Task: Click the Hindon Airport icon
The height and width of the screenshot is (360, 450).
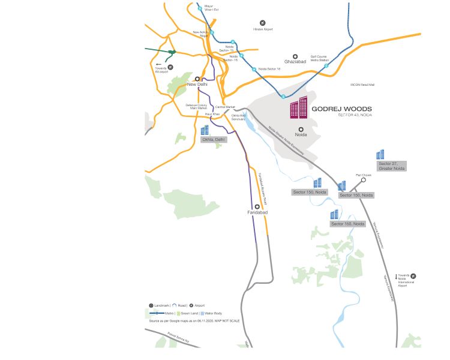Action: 262,22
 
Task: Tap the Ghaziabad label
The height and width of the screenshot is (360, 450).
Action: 295,61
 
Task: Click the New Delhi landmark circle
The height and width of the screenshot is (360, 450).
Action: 197,78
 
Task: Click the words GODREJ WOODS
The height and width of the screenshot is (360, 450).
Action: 341,109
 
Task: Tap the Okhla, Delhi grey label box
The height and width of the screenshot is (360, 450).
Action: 214,139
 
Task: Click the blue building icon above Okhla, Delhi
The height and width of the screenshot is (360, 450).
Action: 205,130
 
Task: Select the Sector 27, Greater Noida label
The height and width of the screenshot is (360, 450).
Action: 391,166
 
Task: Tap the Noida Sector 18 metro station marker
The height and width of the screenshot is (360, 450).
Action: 254,70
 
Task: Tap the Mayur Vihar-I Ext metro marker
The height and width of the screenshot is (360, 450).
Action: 200,9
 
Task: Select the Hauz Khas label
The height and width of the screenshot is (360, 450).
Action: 213,114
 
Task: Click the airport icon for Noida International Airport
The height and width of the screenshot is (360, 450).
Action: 413,277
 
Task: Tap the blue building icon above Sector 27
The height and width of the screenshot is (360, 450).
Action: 380,154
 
